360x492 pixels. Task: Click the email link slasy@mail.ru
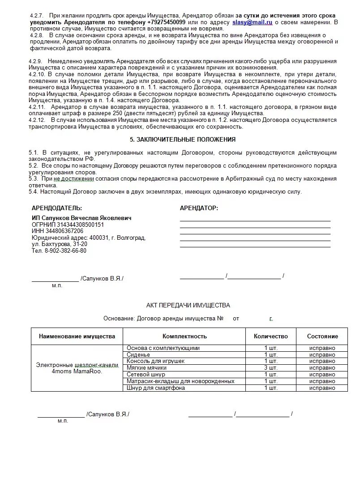252,22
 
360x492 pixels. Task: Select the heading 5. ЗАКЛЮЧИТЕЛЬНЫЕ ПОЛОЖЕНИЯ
183,139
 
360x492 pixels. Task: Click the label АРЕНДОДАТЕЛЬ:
57,208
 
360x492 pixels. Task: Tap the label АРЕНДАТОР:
199,208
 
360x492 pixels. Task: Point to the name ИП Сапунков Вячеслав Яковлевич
82,218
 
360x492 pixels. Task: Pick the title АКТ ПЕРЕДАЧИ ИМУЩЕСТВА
188,305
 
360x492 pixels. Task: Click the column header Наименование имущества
77,336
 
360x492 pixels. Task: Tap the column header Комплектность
184,336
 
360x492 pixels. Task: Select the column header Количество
271,336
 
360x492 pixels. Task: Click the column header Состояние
322,336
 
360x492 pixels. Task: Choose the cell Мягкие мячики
146,368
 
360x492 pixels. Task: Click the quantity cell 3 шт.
271,368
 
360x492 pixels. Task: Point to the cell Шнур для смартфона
156,388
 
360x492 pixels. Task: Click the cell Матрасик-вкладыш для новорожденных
180,381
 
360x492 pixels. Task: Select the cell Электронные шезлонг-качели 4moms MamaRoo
77,368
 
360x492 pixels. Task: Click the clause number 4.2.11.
38,107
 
